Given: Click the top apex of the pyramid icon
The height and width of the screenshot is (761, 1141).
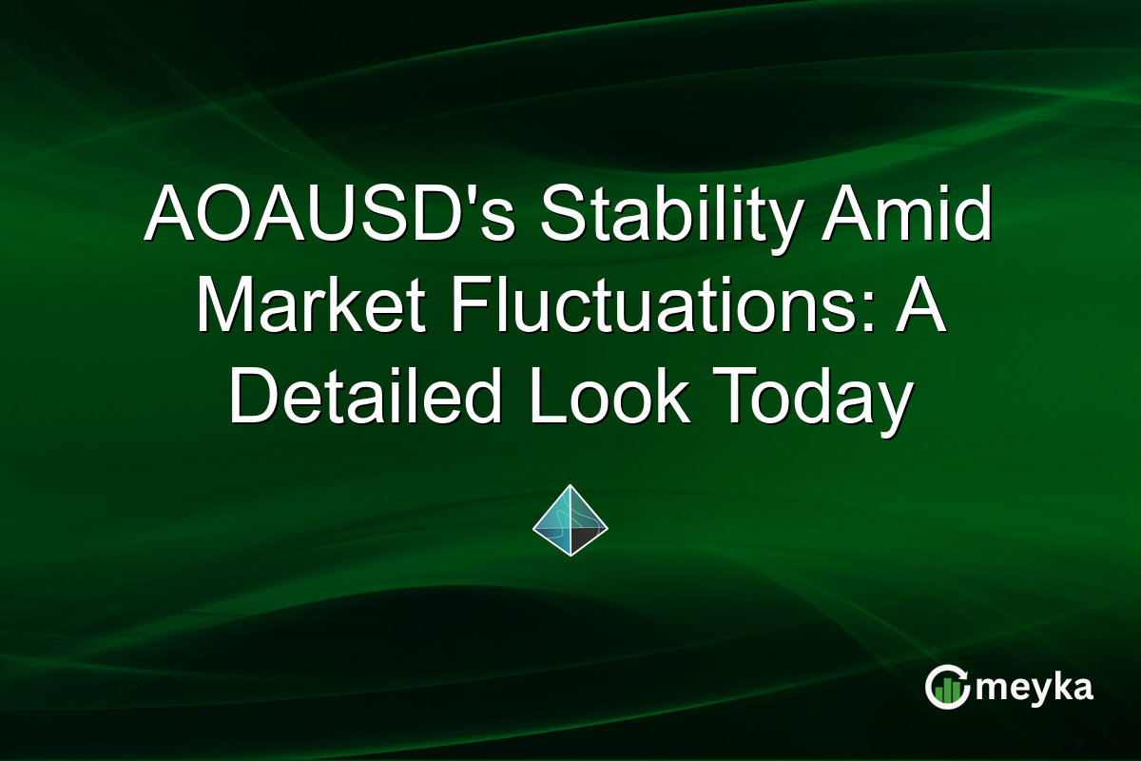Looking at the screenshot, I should tap(570, 485).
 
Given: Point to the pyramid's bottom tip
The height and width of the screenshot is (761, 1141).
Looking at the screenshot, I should tap(570, 556).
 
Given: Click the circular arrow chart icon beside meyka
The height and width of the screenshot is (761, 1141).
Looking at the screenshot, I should tap(947, 687).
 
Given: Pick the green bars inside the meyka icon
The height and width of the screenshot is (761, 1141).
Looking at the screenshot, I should tap(945, 691).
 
